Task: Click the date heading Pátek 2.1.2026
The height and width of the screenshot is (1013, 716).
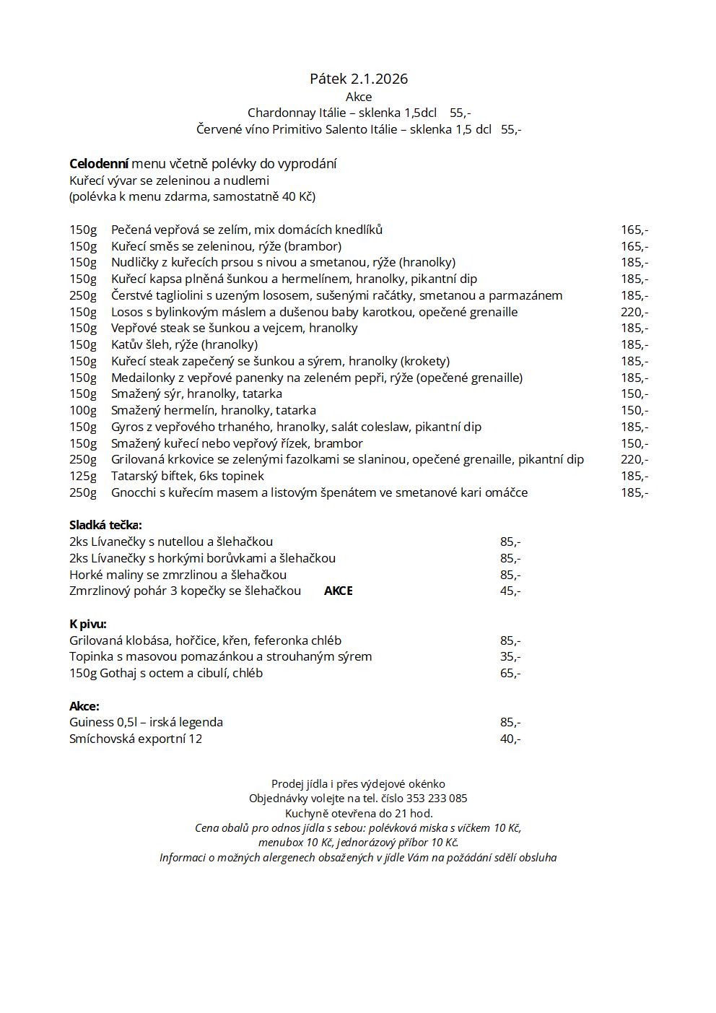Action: [359, 79]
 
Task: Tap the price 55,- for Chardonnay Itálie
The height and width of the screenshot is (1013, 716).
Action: [460, 113]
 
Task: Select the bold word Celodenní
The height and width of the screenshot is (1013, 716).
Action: [99, 164]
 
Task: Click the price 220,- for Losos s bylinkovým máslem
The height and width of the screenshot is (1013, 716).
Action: [634, 312]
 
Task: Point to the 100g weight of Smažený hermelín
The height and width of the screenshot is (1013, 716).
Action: [83, 410]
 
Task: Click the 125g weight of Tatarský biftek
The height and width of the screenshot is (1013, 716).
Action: [83, 476]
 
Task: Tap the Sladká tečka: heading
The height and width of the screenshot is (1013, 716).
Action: [105, 525]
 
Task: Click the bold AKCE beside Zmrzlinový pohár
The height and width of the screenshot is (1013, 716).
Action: [338, 591]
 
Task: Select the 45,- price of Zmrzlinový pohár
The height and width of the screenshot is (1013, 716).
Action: [510, 591]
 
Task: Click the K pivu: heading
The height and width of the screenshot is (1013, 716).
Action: [88, 624]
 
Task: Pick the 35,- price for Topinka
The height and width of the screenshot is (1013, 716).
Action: [510, 656]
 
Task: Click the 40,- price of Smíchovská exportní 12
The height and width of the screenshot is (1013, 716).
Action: [510, 739]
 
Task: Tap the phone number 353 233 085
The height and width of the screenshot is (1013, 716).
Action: [437, 799]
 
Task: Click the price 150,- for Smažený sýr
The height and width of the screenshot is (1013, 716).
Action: [634, 394]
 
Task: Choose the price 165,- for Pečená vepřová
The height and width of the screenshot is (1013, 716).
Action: [634, 230]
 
